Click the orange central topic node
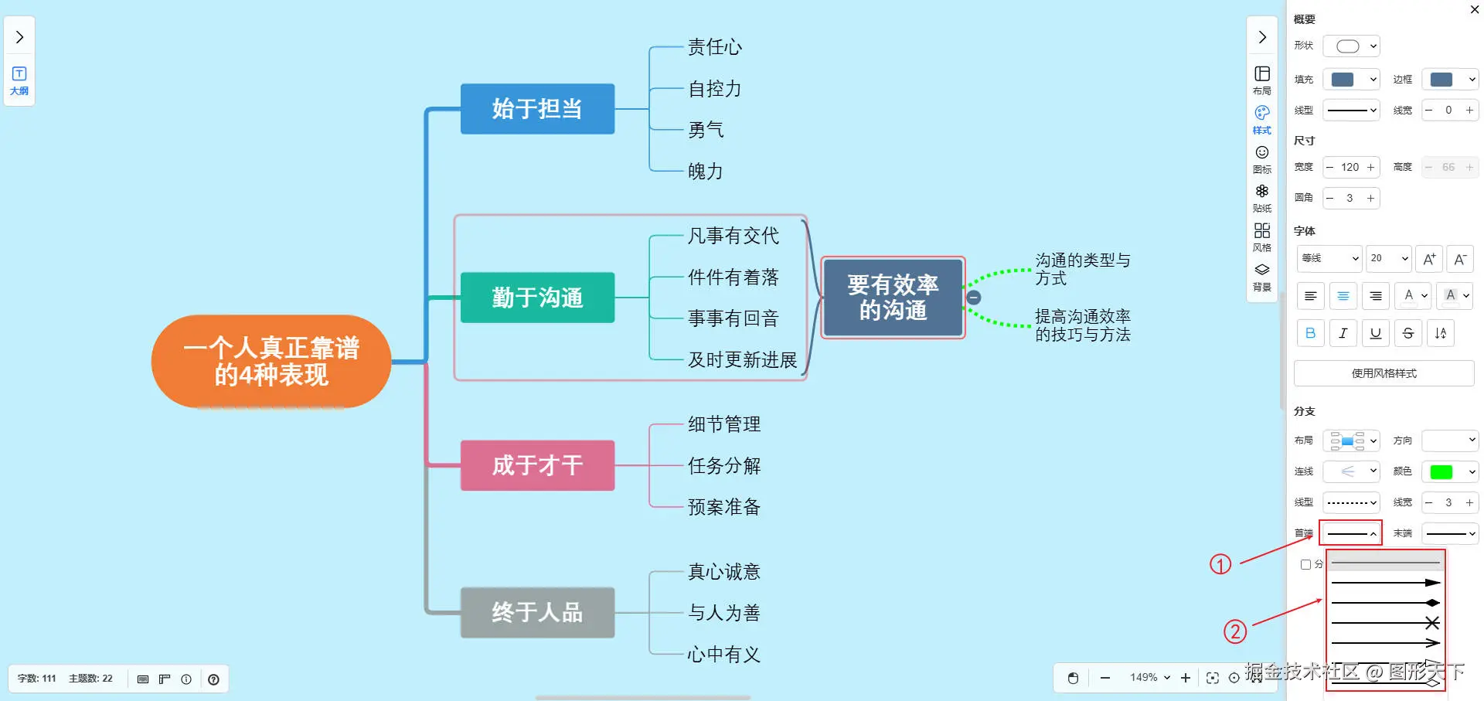coord(271,362)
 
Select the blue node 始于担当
coord(537,109)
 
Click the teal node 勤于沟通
coord(537,298)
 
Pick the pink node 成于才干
coord(537,465)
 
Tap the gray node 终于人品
coord(537,613)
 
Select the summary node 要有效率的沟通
coord(893,298)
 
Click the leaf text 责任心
coord(715,48)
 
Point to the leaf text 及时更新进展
coord(742,360)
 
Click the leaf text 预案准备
coord(724,507)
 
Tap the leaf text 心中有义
coord(724,655)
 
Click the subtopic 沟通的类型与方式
coord(1082,269)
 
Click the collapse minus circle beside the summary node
coord(974,298)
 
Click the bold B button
coord(1310,333)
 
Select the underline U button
coord(1375,333)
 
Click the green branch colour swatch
coord(1441,471)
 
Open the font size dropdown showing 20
coord(1388,258)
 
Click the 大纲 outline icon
coord(19,80)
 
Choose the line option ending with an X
coord(1385,623)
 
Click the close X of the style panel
coord(1474,9)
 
